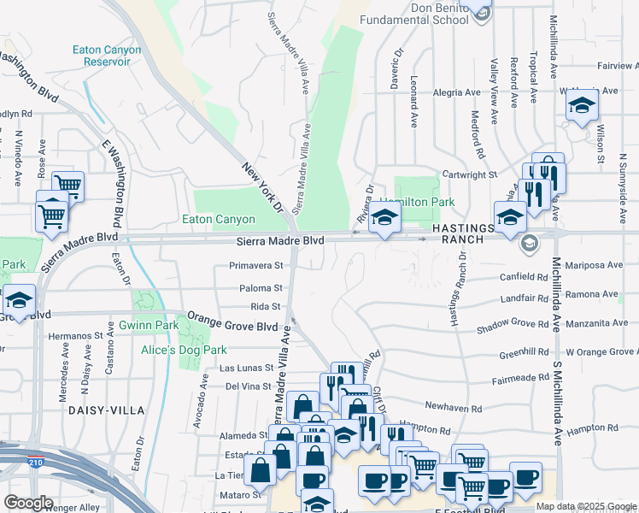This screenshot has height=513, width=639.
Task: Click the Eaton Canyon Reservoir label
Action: click(x=106, y=56)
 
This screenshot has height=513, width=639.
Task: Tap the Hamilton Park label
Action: click(x=425, y=202)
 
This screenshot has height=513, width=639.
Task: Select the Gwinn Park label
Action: click(x=160, y=325)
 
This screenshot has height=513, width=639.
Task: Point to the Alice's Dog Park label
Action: click(x=185, y=349)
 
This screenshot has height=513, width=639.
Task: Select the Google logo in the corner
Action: click(x=28, y=503)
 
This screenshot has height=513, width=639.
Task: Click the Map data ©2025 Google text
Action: click(x=585, y=506)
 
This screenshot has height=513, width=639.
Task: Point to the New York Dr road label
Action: click(x=261, y=187)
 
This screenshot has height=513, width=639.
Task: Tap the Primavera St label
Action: click(x=255, y=265)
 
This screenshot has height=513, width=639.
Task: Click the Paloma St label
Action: click(x=261, y=288)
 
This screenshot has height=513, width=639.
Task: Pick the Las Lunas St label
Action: click(x=246, y=368)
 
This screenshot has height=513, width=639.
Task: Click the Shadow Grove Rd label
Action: click(x=512, y=324)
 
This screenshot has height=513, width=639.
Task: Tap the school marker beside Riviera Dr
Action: click(x=384, y=217)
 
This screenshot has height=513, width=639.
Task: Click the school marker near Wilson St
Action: click(x=583, y=105)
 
